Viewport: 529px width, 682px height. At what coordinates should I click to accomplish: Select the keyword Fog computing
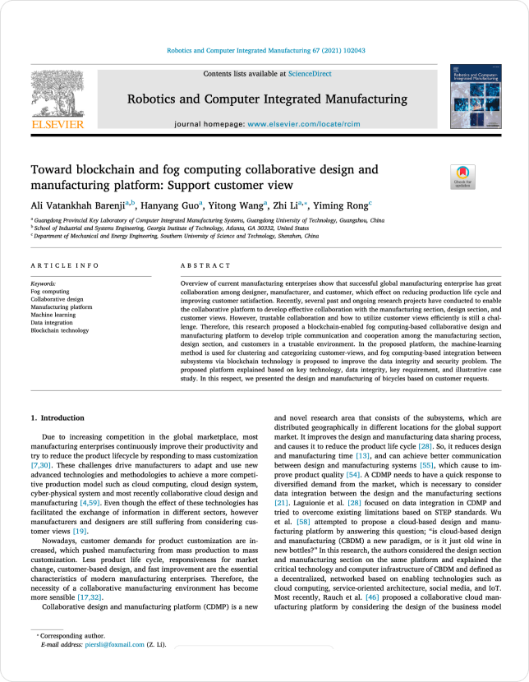[48, 290]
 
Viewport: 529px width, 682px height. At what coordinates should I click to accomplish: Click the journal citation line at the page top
[265, 51]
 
